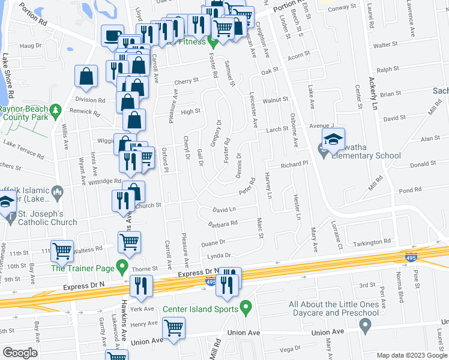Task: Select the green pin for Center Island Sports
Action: tap(245, 308)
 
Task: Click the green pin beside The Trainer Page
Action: tap(122, 265)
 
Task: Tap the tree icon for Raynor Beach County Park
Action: tap(56, 110)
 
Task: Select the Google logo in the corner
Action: tap(20, 353)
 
